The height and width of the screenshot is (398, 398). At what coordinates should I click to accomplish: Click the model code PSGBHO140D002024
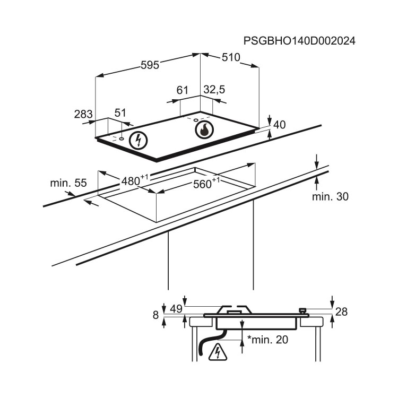[x=299, y=41]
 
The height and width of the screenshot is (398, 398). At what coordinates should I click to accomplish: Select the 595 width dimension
[x=150, y=65]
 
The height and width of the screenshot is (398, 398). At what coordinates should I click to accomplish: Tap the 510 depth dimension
[x=231, y=57]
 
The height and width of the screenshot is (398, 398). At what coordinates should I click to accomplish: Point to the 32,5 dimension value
[x=214, y=90]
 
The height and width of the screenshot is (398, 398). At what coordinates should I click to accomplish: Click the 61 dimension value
[x=182, y=90]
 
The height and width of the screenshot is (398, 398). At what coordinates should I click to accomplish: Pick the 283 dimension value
[x=83, y=114]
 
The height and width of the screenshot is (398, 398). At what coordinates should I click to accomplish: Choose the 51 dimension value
[x=120, y=113]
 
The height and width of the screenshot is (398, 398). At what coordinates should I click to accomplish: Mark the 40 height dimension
[x=280, y=125]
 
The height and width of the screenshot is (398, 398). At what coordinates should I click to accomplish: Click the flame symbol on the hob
[x=204, y=130]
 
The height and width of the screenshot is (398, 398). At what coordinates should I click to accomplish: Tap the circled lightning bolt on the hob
[x=138, y=141]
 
